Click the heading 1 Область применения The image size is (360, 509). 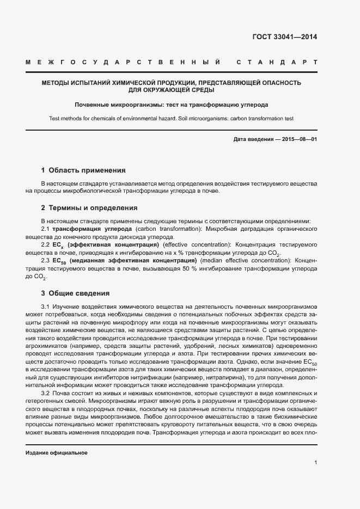pyautogui.click(x=83, y=170)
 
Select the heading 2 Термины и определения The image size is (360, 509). pyautogui.click(x=89, y=208)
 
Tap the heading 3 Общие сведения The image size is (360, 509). pyautogui.click(x=76, y=293)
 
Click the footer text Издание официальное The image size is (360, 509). pyautogui.click(x=57, y=453)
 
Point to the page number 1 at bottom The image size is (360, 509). pyautogui.click(x=315, y=463)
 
